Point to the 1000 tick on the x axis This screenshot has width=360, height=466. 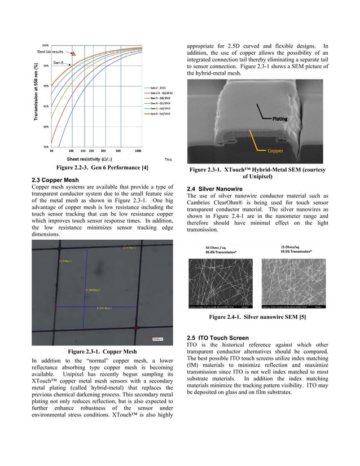(138, 151)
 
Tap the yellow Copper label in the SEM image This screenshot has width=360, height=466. (275, 151)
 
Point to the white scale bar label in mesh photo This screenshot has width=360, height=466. (159, 338)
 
